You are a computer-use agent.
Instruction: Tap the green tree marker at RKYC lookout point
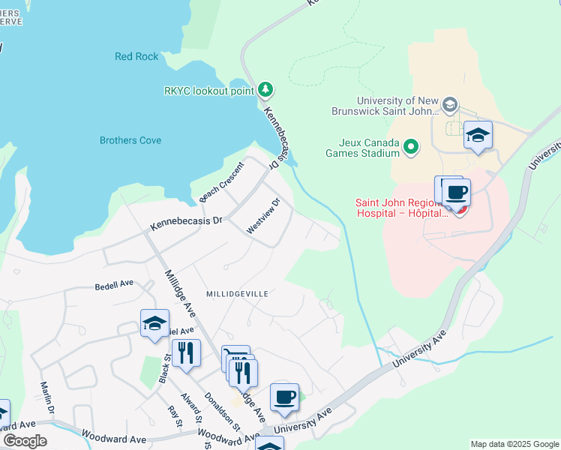pos(265,91)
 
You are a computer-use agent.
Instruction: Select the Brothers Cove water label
pos(130,140)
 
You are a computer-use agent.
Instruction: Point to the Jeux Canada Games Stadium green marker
pos(411,147)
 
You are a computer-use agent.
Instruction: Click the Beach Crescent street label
pos(222,182)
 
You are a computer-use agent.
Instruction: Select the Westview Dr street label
pos(263,216)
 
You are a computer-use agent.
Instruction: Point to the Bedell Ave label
pos(114,285)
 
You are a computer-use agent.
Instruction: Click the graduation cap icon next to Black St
pos(154,324)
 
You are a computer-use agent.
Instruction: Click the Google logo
pos(25,441)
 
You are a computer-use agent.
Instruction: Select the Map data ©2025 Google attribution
pos(514,444)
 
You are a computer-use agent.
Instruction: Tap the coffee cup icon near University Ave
pos(284,398)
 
